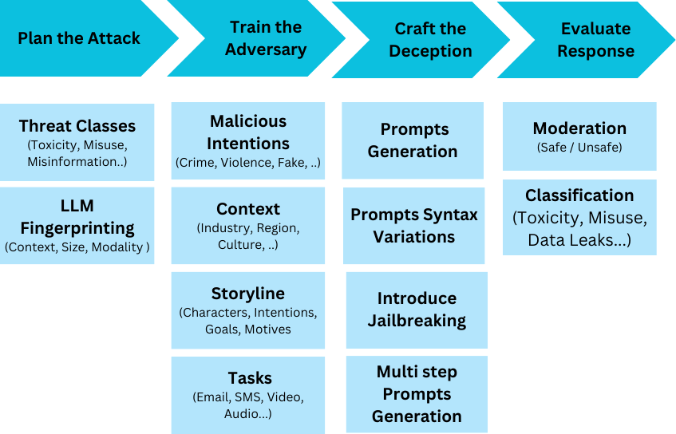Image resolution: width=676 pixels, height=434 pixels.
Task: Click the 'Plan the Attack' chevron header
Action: click(79, 38)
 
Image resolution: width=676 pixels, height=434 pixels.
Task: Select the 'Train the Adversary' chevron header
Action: click(266, 38)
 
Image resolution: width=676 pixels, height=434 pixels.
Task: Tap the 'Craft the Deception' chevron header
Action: click(430, 40)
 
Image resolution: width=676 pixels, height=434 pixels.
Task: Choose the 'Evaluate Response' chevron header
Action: click(595, 40)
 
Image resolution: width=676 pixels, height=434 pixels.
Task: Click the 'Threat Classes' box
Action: click(77, 142)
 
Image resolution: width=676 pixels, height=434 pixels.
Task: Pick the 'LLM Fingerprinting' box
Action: click(77, 225)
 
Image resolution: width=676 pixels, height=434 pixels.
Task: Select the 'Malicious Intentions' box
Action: click(248, 141)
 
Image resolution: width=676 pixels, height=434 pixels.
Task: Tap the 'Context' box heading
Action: click(248, 209)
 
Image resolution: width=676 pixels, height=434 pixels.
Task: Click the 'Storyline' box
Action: click(248, 310)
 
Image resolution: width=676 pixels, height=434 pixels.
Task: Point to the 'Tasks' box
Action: click(248, 394)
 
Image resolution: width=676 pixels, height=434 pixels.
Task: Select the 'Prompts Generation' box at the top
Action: click(413, 140)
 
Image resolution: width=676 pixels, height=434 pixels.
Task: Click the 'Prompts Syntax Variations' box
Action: click(414, 226)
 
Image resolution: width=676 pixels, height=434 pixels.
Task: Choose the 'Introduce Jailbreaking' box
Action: click(417, 310)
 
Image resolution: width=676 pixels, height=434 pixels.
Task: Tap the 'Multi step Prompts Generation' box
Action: click(417, 394)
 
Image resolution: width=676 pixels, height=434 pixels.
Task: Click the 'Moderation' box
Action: click(579, 136)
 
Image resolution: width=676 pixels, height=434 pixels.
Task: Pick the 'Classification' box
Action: click(579, 217)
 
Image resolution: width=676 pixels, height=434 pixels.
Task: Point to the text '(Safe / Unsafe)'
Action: click(579, 148)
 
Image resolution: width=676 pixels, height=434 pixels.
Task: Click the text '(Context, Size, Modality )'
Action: click(77, 247)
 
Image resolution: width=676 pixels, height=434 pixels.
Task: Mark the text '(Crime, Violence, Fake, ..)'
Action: click(248, 164)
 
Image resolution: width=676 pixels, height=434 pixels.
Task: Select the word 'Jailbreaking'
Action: click(417, 321)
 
